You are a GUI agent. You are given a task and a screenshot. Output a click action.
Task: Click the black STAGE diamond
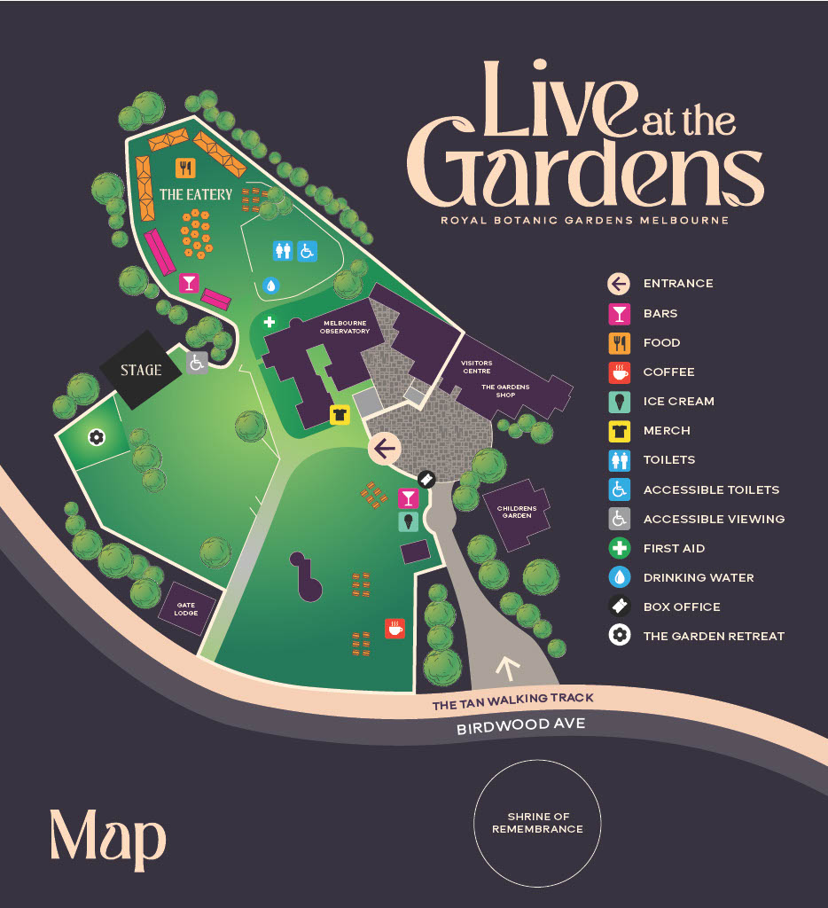click(x=141, y=370)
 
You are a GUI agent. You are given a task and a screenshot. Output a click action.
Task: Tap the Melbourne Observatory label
click(x=346, y=327)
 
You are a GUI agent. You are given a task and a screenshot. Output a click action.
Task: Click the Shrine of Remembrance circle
click(x=537, y=822)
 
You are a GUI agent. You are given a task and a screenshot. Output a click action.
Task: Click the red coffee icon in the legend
click(x=619, y=372)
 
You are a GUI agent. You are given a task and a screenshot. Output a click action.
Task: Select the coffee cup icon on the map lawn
click(x=394, y=629)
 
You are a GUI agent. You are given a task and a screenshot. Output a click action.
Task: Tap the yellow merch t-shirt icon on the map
click(x=340, y=414)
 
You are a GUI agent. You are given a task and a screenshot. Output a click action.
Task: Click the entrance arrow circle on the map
click(x=384, y=450)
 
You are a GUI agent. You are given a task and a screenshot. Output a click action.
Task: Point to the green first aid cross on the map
click(x=269, y=321)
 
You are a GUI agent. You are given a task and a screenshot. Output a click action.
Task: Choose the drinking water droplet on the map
click(x=271, y=286)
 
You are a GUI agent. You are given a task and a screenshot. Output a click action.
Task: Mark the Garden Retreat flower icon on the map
click(x=97, y=436)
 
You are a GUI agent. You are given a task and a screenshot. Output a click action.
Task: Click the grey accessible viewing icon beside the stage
click(x=197, y=363)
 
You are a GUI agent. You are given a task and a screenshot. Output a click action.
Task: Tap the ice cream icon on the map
click(x=408, y=521)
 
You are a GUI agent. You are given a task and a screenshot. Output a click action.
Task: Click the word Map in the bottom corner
click(x=107, y=838)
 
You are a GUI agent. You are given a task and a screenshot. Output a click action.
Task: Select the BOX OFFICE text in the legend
click(x=681, y=607)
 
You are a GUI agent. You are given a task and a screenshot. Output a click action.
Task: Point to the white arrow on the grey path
click(x=508, y=666)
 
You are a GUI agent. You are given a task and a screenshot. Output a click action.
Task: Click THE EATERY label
click(x=195, y=194)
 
